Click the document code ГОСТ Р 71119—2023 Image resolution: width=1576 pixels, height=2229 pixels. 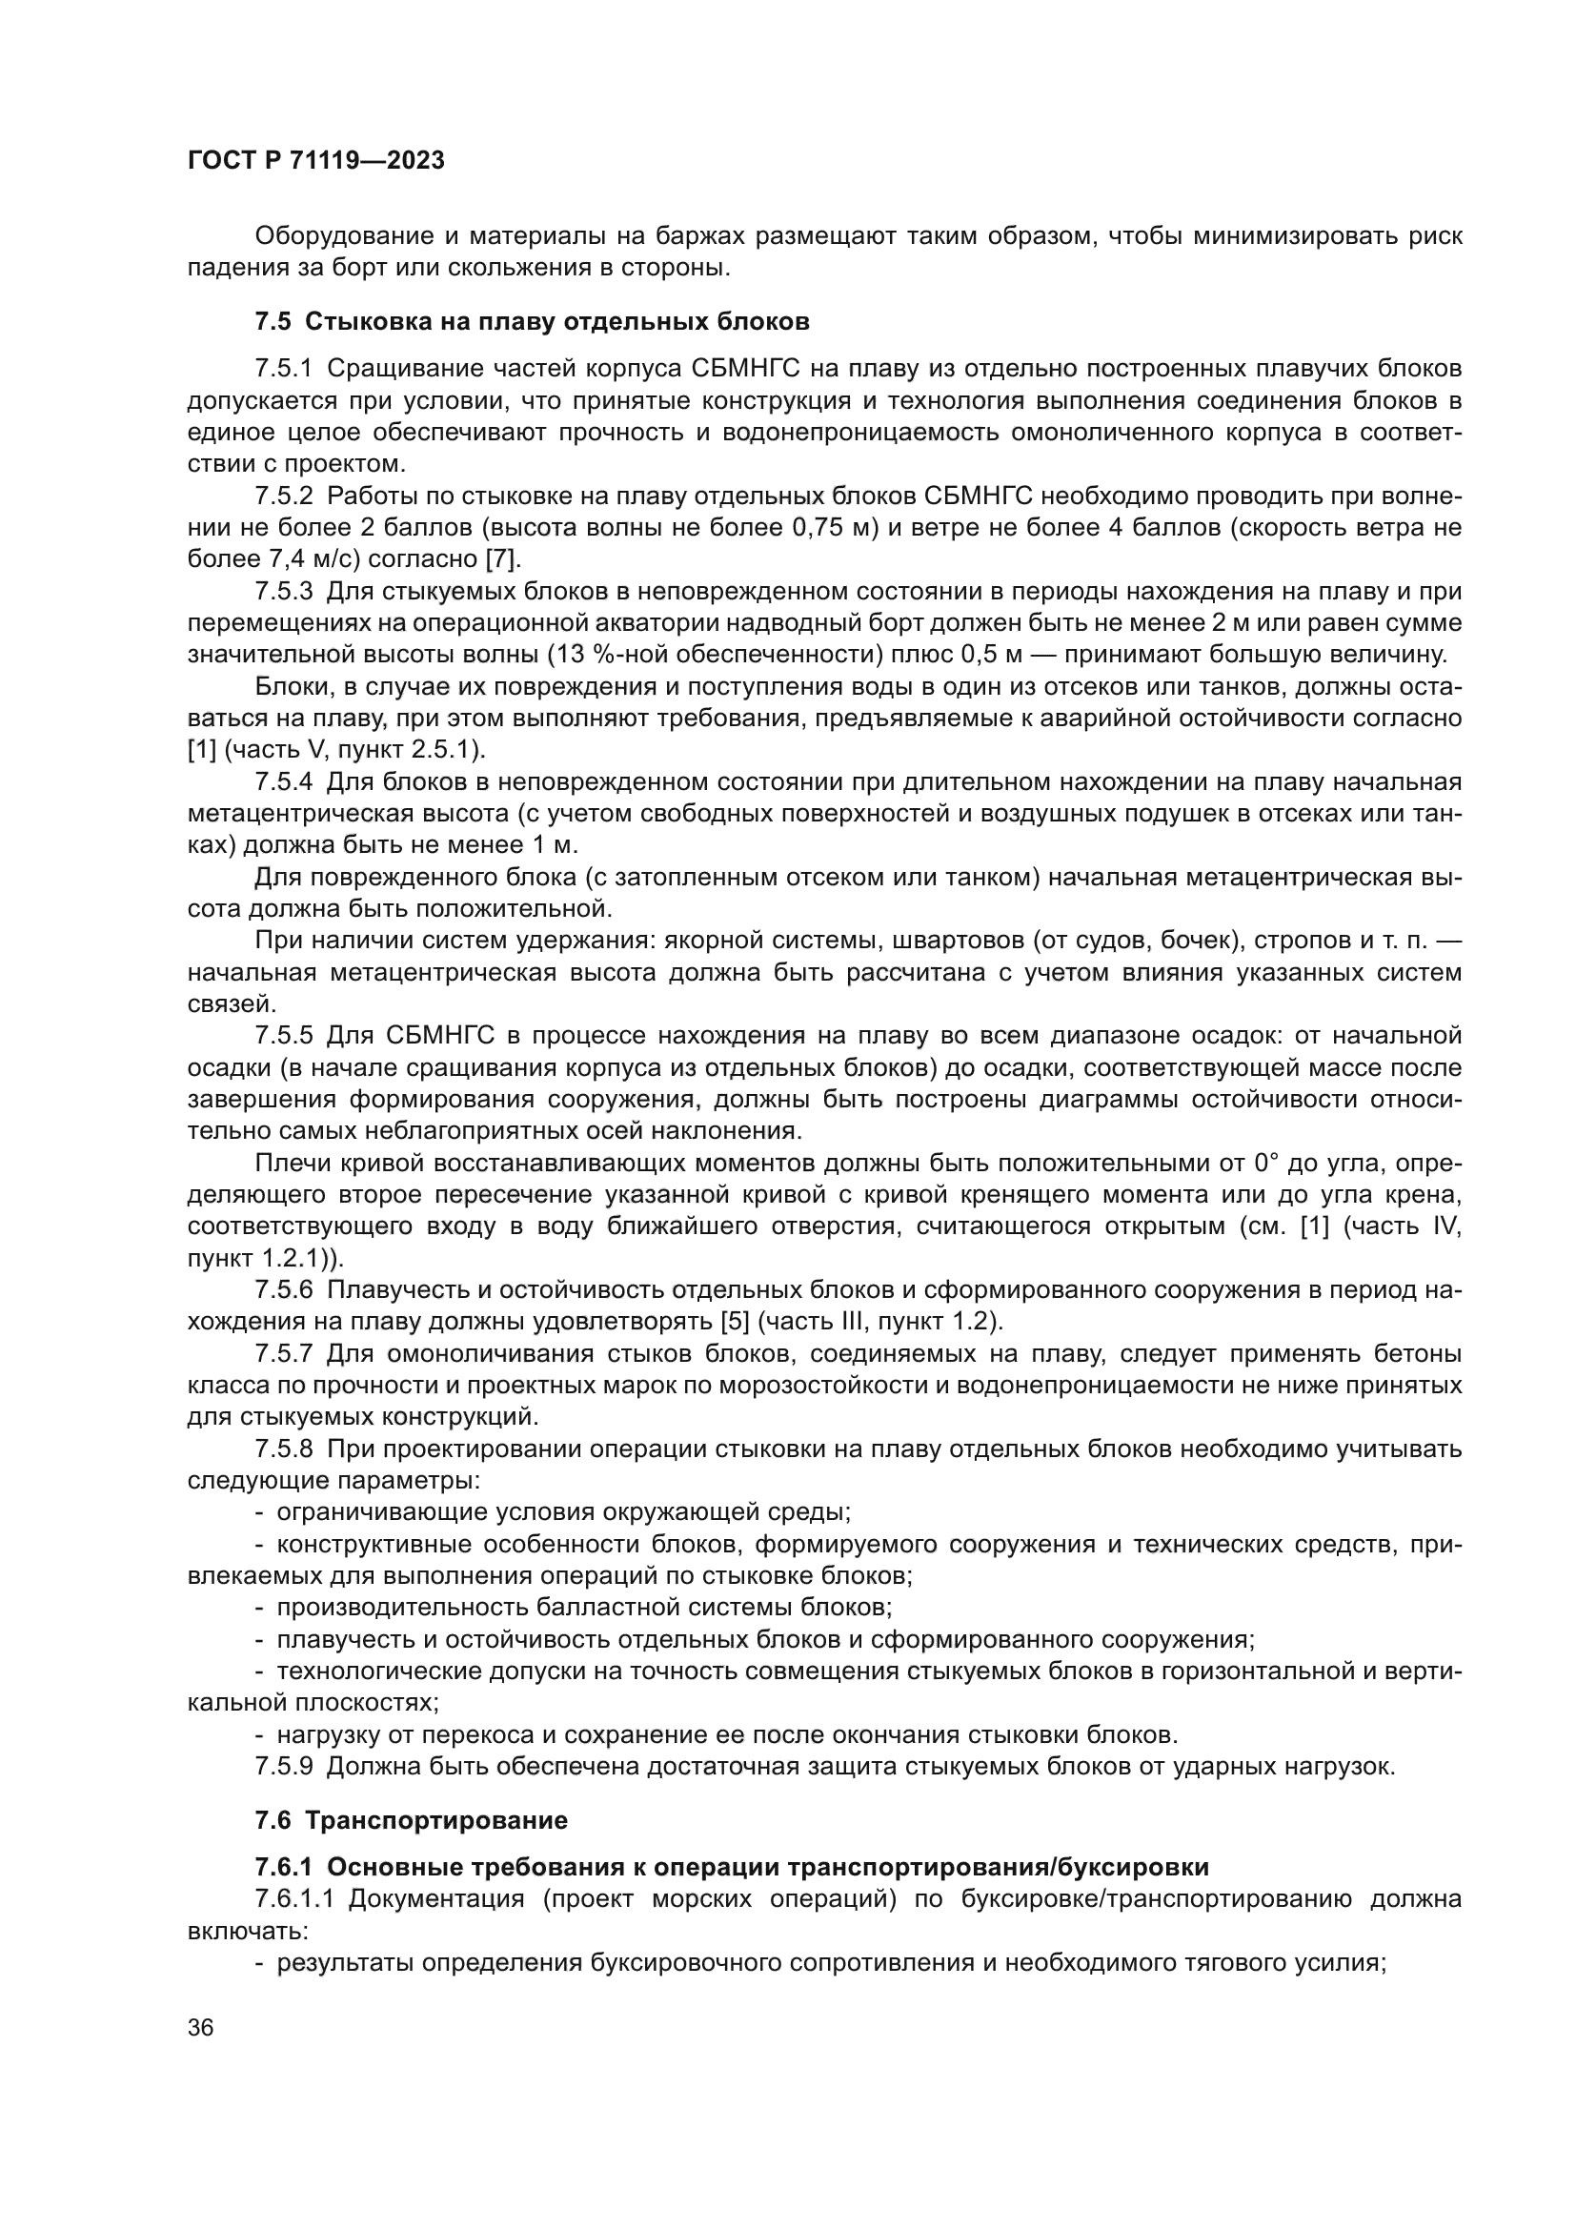(315, 160)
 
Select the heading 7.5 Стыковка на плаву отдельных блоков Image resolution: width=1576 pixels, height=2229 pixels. (532, 321)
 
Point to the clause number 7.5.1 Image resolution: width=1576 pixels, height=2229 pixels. (283, 369)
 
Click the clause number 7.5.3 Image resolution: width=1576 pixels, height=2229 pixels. (283, 592)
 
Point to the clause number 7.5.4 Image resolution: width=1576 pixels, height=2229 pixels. (283, 782)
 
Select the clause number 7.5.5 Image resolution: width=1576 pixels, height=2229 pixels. (283, 1037)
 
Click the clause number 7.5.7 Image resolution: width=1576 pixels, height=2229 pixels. (283, 1354)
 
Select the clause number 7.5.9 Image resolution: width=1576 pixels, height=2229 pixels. (283, 1767)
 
